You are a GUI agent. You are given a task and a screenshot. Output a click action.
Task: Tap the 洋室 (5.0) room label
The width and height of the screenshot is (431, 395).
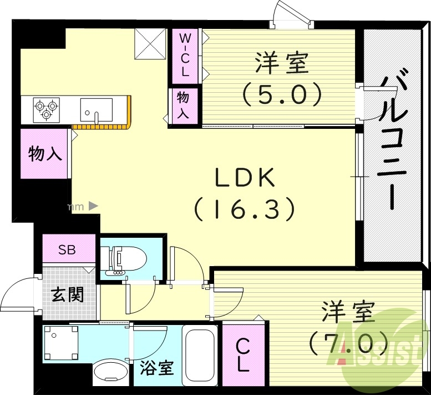282,78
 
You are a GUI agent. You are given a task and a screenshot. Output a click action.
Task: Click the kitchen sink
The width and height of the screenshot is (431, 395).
96,109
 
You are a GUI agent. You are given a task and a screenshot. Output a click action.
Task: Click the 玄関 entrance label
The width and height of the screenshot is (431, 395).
68,294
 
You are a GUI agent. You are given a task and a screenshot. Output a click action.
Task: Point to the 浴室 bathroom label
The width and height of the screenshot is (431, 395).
157,368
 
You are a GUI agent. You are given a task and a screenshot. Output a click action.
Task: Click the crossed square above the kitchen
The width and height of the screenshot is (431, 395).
151,43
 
